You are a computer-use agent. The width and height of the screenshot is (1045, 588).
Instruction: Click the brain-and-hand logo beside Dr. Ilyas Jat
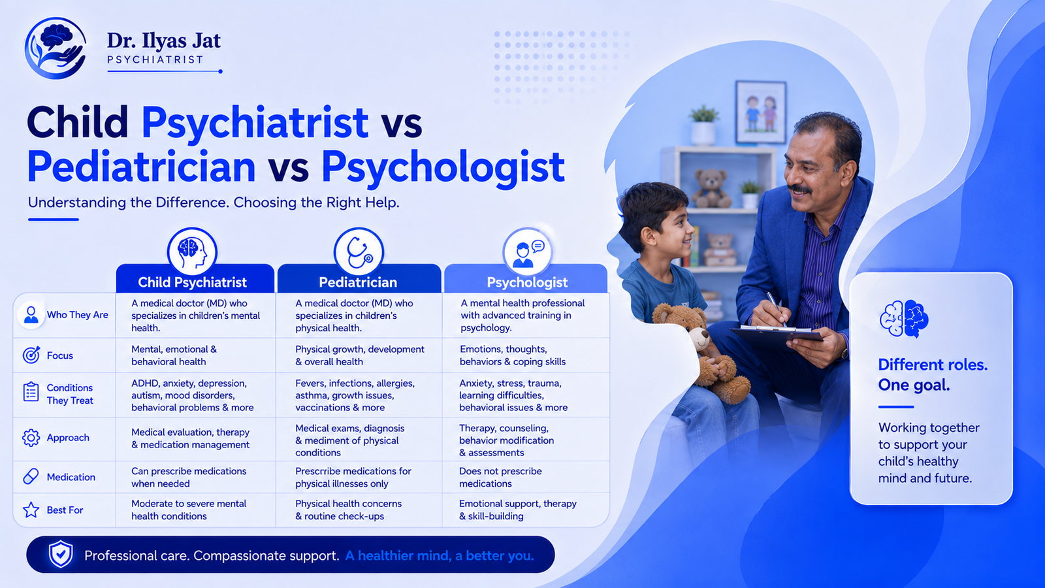click(x=56, y=48)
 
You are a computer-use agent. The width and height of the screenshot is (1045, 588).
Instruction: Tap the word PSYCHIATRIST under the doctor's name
click(x=155, y=59)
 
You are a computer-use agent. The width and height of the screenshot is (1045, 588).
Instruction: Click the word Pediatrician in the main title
click(x=141, y=167)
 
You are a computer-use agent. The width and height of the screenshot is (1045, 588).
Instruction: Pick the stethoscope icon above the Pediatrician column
click(x=359, y=252)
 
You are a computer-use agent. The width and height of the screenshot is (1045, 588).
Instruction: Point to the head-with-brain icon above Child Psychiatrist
click(x=192, y=252)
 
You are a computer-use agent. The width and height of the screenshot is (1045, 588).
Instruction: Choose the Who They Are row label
click(x=78, y=315)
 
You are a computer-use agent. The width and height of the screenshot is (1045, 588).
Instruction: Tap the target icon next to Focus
click(x=31, y=355)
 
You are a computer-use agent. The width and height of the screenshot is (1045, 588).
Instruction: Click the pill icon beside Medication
click(x=31, y=476)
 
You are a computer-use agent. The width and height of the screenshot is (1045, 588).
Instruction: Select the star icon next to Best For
click(x=31, y=510)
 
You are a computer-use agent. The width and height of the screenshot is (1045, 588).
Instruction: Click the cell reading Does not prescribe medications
click(x=500, y=478)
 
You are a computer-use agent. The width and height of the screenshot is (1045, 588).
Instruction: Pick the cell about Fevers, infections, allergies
click(x=355, y=395)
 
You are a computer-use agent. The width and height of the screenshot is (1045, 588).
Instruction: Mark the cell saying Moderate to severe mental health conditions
click(x=189, y=510)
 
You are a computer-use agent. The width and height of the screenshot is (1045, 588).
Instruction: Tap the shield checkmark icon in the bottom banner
click(x=61, y=555)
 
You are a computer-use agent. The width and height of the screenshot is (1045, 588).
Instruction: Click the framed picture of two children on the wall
click(x=761, y=112)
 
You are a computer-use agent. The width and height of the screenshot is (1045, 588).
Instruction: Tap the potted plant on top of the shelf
click(x=703, y=125)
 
